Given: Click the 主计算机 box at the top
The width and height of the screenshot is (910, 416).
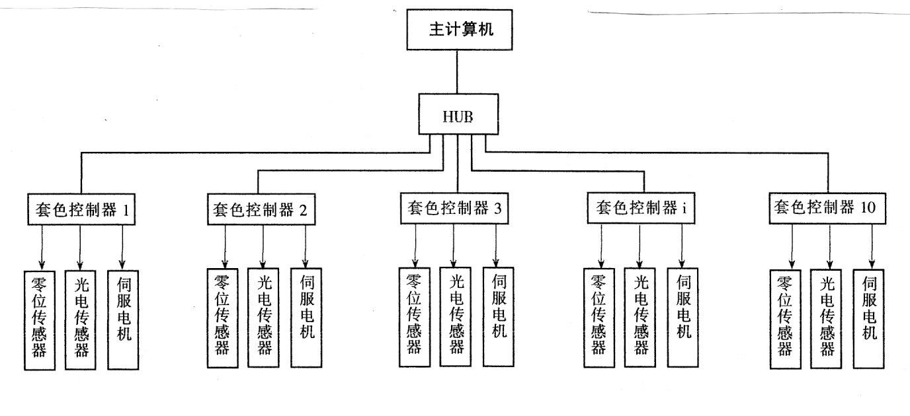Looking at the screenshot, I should pos(459,30).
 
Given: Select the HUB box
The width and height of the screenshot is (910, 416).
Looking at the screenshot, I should pos(458,117).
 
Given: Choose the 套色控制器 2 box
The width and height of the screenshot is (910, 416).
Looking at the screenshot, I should pos(258,209).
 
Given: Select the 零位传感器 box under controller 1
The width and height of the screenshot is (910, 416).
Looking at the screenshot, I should pos(40,320).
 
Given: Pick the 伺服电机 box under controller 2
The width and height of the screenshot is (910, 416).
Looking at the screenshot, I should pos(306,318).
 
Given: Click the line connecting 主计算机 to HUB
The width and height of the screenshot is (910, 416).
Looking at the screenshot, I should pos(458,72).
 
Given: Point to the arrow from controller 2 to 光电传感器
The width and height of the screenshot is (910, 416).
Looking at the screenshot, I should pos(264,245).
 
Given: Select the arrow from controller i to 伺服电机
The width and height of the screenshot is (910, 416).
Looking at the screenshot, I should pos(682,245).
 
